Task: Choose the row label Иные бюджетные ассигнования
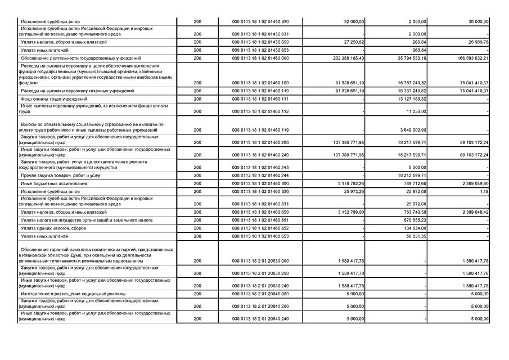point(51,183)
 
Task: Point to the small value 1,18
point(483,192)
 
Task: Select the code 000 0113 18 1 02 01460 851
point(260,220)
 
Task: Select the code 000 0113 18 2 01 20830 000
point(260,261)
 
